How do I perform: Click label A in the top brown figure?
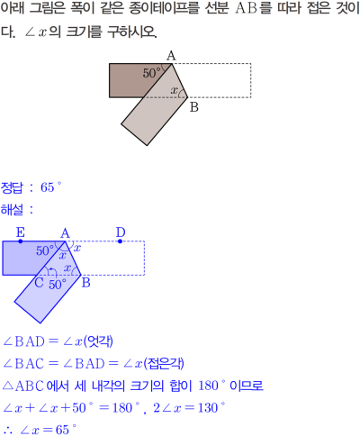click(171, 56)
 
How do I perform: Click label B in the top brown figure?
click(194, 107)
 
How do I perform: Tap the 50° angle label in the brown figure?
click(152, 73)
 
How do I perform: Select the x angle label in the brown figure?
click(174, 90)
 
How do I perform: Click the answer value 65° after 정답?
click(50, 187)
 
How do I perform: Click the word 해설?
click(12, 210)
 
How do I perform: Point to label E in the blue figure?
click(21, 232)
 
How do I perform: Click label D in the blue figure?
click(121, 232)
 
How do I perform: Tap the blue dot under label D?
click(120, 241)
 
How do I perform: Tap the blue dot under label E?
click(21, 241)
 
